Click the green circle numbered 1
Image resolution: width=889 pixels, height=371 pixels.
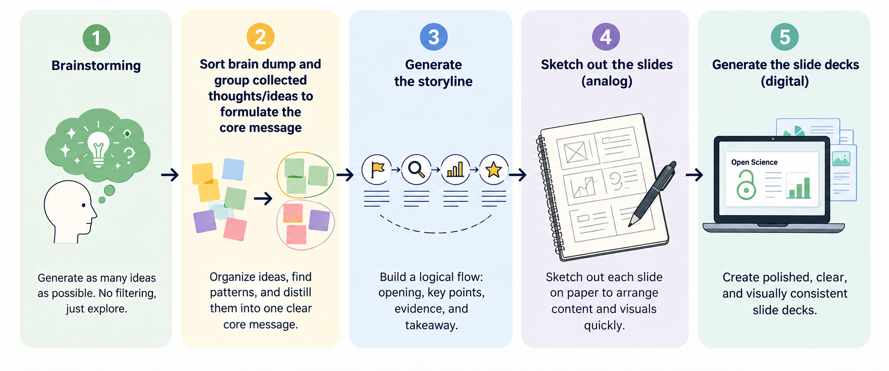[96, 38]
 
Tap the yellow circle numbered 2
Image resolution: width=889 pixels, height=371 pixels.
[260, 37]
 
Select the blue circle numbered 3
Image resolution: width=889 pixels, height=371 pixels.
[434, 37]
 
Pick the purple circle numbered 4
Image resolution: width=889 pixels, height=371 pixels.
[606, 37]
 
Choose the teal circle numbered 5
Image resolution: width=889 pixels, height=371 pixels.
[785, 37]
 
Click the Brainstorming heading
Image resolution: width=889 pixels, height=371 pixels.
[96, 66]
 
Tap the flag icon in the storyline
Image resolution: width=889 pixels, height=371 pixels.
[377, 170]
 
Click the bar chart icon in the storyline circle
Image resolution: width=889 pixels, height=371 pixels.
[455, 169]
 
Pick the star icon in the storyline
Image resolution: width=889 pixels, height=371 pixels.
[493, 170]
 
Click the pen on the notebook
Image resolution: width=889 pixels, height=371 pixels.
[653, 193]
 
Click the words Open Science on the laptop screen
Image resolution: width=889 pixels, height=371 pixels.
[754, 162]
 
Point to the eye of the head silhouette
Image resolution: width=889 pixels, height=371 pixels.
[83, 205]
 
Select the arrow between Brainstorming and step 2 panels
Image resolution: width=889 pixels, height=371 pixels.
[170, 175]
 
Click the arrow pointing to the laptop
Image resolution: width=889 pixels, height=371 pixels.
[694, 175]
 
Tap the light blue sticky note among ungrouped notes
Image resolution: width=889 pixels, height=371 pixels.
[233, 169]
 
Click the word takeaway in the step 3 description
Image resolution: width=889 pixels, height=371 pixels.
[431, 325]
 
